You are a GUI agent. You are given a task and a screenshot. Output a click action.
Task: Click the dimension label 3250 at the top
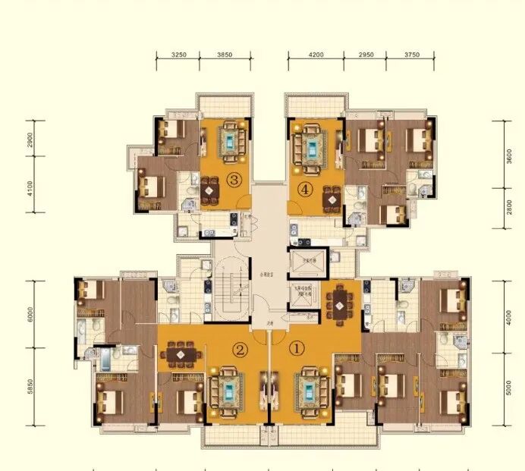click(179, 55)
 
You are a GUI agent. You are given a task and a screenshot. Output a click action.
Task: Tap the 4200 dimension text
click(316, 55)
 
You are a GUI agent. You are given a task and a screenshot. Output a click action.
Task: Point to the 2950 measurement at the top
click(366, 55)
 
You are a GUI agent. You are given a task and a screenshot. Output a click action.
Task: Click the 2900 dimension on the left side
click(28, 140)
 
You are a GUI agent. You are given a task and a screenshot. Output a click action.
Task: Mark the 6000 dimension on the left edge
click(28, 315)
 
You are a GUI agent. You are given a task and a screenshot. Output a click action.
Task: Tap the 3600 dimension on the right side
click(511, 155)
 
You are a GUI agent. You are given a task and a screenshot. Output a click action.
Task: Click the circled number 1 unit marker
click(297, 350)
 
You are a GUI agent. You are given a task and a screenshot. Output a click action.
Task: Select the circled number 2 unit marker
click(240, 350)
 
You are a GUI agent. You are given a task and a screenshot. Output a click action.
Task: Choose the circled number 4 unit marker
click(305, 190)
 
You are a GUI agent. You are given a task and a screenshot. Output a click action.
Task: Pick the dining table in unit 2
click(180, 354)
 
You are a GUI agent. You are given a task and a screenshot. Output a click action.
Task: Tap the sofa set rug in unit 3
click(230, 140)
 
